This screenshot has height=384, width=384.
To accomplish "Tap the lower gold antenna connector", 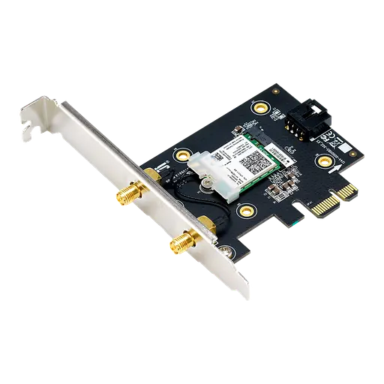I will pyautogui.click(x=180, y=242).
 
